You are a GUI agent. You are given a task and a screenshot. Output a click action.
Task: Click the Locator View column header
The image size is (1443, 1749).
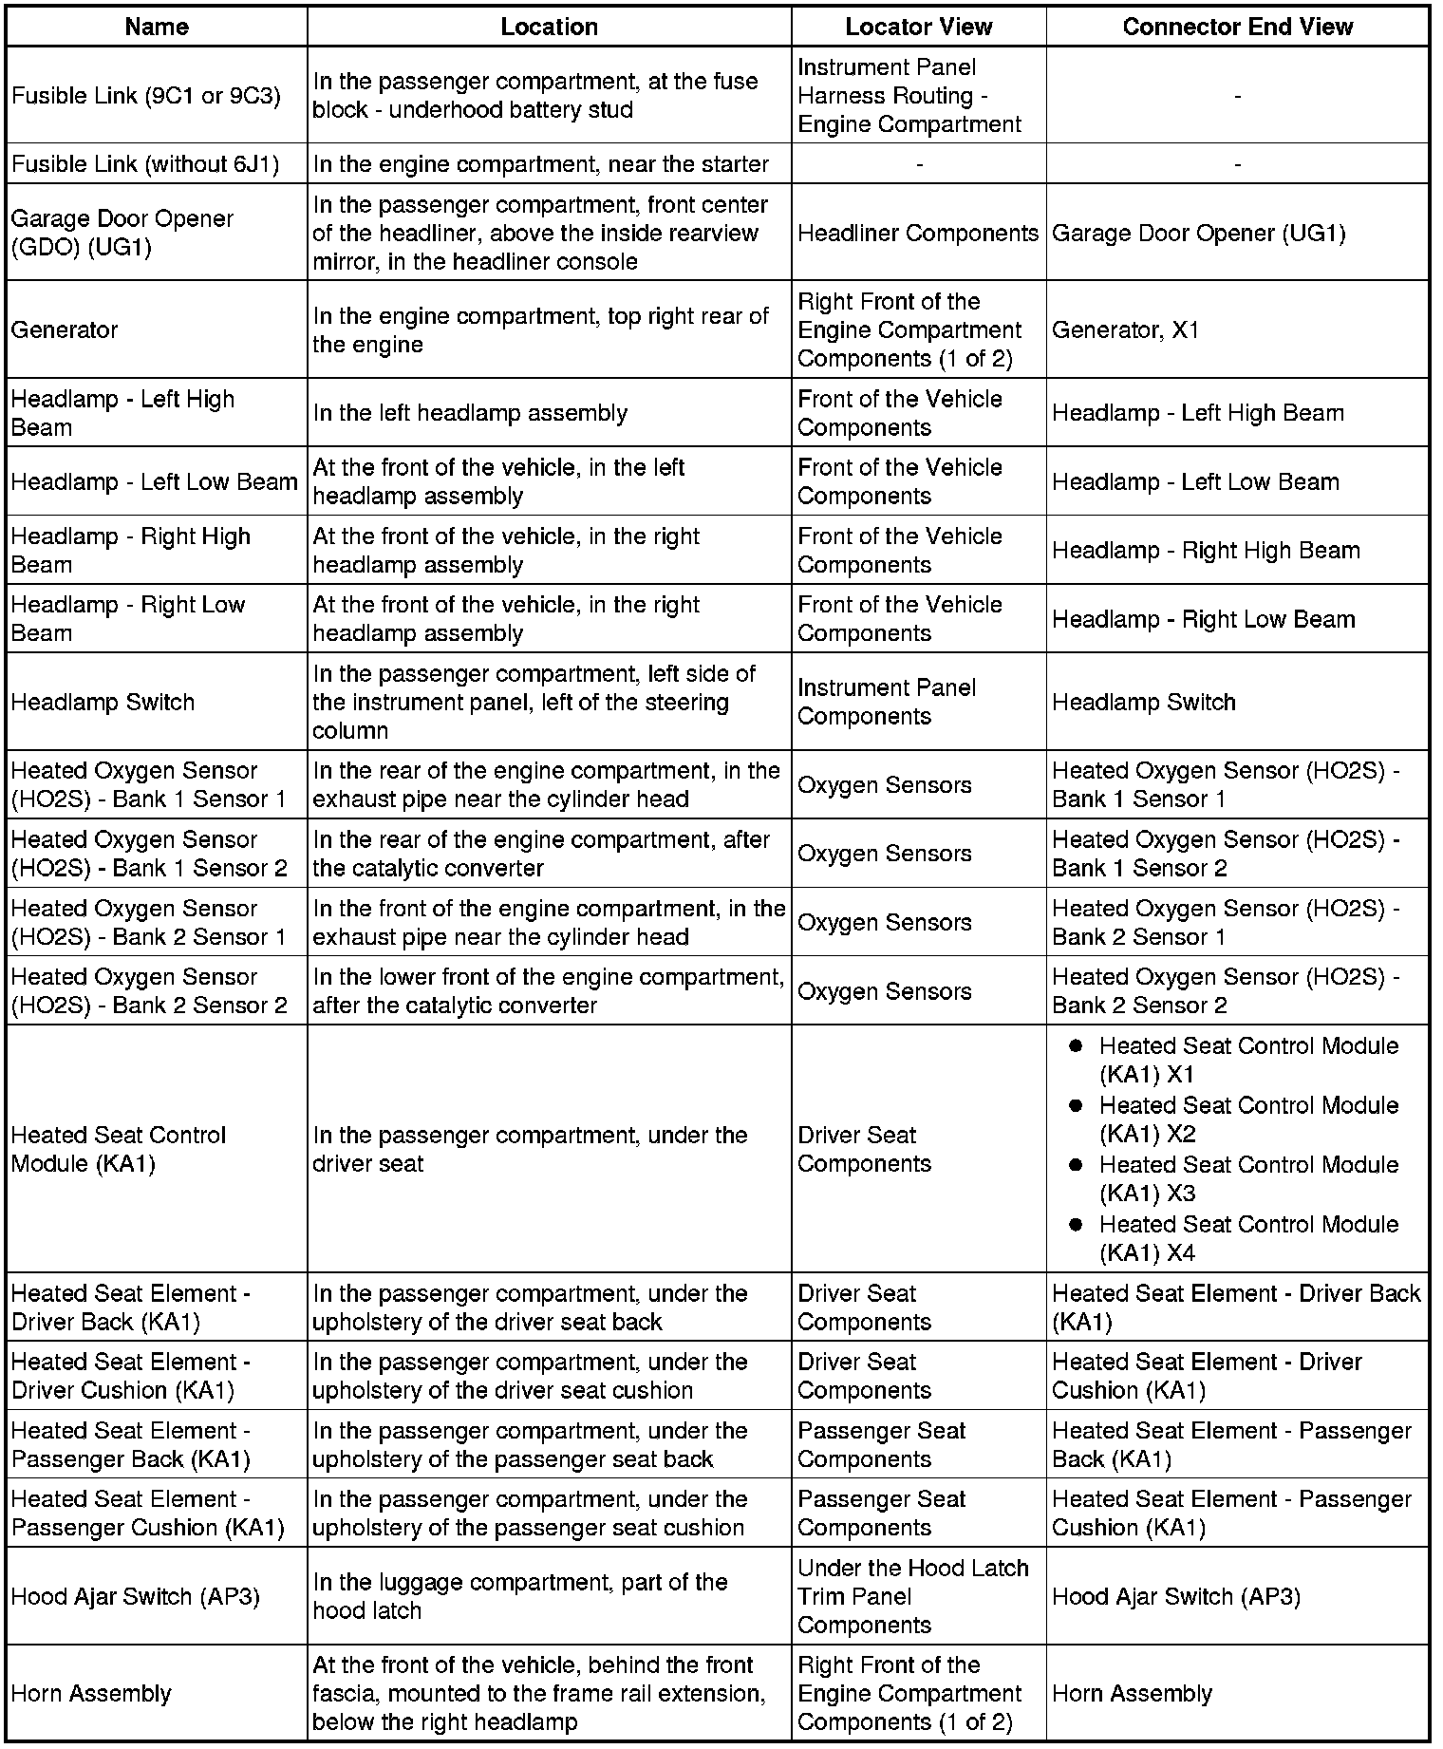pyautogui.click(x=918, y=27)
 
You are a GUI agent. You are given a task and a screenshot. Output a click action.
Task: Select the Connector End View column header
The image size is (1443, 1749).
pyautogui.click(x=1237, y=27)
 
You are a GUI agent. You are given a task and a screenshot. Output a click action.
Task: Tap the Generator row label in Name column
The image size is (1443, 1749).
pyautogui.click(x=65, y=329)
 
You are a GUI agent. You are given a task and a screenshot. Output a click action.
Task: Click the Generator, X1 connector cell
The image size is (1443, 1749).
pyautogui.click(x=1125, y=329)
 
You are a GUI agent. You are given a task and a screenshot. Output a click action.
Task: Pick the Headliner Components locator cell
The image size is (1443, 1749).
pyautogui.click(x=917, y=233)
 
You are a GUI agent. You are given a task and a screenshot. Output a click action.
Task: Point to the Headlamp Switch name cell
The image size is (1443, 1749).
pyautogui.click(x=103, y=702)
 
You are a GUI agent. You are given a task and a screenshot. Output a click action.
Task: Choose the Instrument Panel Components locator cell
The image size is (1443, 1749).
pyautogui.click(x=886, y=702)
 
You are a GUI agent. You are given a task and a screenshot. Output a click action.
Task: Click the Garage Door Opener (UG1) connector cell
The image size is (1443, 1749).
pyautogui.click(x=1198, y=233)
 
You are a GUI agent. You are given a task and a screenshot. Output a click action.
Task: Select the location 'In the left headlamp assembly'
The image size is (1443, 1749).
pyautogui.click(x=470, y=413)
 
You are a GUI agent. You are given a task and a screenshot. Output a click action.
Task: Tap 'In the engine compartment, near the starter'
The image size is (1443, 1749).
pyautogui.click(x=540, y=164)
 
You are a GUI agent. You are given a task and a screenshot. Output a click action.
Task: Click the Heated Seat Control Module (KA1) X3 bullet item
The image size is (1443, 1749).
pyautogui.click(x=1247, y=1178)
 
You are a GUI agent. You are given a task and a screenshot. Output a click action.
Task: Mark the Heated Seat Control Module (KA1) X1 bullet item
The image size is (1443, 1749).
pyautogui.click(x=1247, y=1060)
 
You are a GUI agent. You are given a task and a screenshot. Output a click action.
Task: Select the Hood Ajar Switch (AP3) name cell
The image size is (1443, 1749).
pyautogui.click(x=135, y=1596)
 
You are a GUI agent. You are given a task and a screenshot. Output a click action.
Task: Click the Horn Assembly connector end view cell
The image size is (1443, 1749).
pyautogui.click(x=1132, y=1693)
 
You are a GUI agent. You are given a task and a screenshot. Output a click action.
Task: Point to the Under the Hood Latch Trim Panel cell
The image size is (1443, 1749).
pyautogui.click(x=912, y=1596)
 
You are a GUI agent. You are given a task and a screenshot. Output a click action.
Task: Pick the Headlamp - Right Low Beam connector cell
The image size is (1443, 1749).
pyautogui.click(x=1203, y=619)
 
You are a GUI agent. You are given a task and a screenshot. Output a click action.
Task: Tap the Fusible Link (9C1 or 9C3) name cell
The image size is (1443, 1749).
pyautogui.click(x=145, y=96)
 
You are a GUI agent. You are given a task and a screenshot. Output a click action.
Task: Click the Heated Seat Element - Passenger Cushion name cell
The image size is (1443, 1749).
pyautogui.click(x=147, y=1513)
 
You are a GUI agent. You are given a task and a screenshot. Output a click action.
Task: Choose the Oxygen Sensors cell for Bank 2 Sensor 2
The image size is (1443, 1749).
pyautogui.click(x=884, y=991)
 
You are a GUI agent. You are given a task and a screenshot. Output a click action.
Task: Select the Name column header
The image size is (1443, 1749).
pyautogui.click(x=157, y=27)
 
